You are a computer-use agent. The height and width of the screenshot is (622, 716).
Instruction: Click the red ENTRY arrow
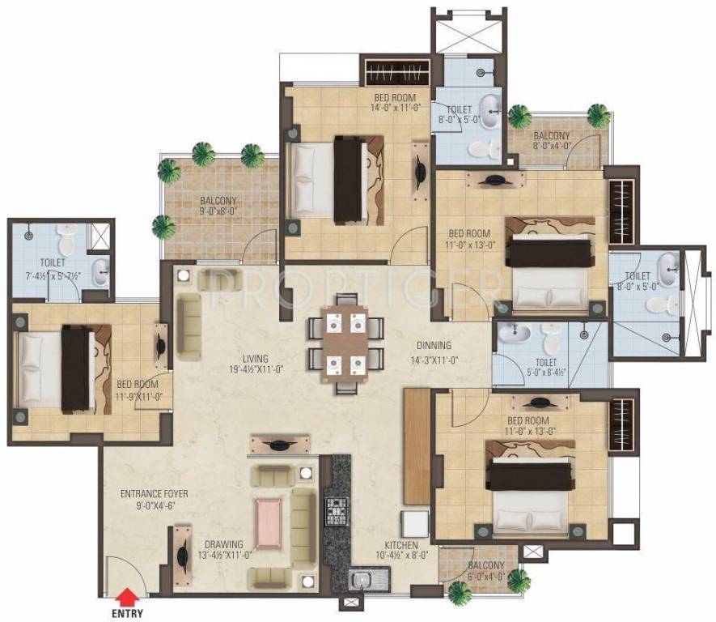126,599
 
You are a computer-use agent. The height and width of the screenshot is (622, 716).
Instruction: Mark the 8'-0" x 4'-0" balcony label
551,142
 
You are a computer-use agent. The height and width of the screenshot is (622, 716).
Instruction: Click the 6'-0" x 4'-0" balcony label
485,571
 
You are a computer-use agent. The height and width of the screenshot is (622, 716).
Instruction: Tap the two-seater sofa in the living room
189,325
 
